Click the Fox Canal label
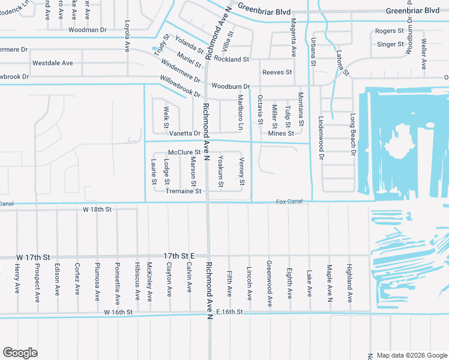(289, 202)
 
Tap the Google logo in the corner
(20, 353)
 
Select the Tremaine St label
(184, 191)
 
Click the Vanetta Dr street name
(184, 133)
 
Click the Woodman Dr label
(87, 29)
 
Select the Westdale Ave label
(52, 63)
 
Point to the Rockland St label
(231, 59)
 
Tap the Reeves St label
(277, 73)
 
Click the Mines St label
(281, 133)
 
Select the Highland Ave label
(349, 279)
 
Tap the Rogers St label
(389, 31)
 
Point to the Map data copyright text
(412, 355)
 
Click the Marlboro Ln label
(240, 112)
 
